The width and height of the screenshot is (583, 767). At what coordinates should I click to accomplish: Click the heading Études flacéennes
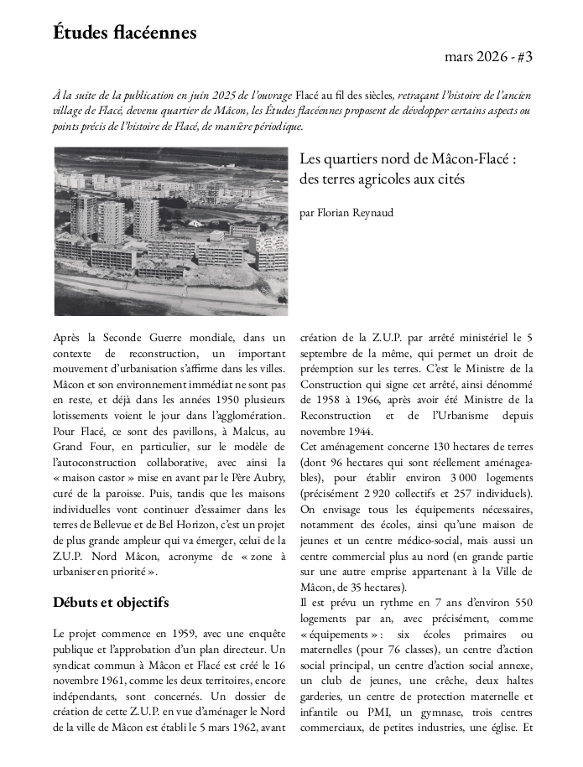pos(125,33)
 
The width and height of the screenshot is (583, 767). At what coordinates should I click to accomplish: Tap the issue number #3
pos(523,58)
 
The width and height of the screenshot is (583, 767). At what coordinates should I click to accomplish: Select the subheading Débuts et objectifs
pos(110,602)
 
